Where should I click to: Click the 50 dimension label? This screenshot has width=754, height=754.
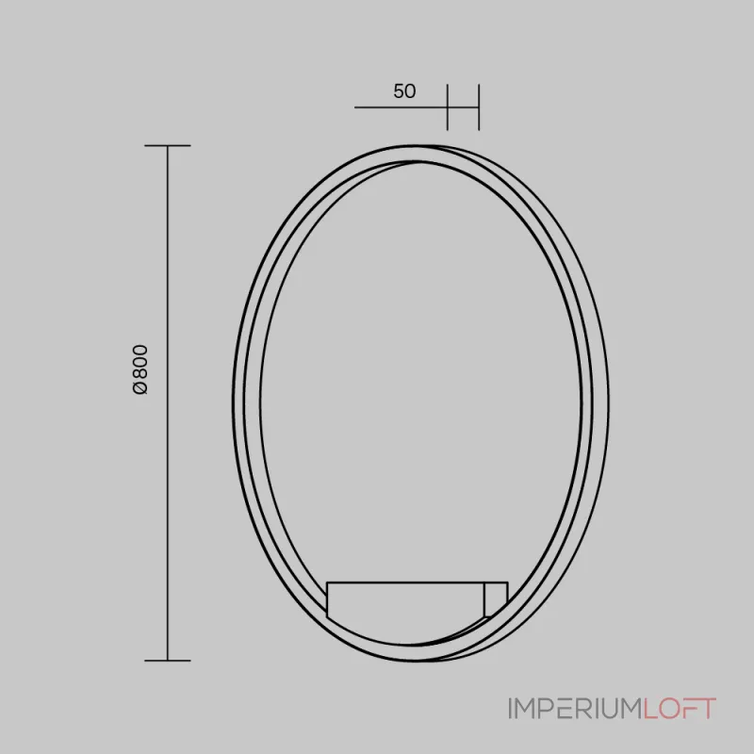404,91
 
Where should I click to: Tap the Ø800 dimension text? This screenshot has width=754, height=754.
140,369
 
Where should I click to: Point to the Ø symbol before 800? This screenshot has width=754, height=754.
140,388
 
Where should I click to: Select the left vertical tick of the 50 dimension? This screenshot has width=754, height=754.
447,107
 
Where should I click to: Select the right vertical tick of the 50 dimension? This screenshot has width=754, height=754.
479,107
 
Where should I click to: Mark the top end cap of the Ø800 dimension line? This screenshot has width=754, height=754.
168,145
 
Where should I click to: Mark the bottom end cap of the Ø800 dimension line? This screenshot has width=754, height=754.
168,661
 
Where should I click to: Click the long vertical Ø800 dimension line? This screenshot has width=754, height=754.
168,403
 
